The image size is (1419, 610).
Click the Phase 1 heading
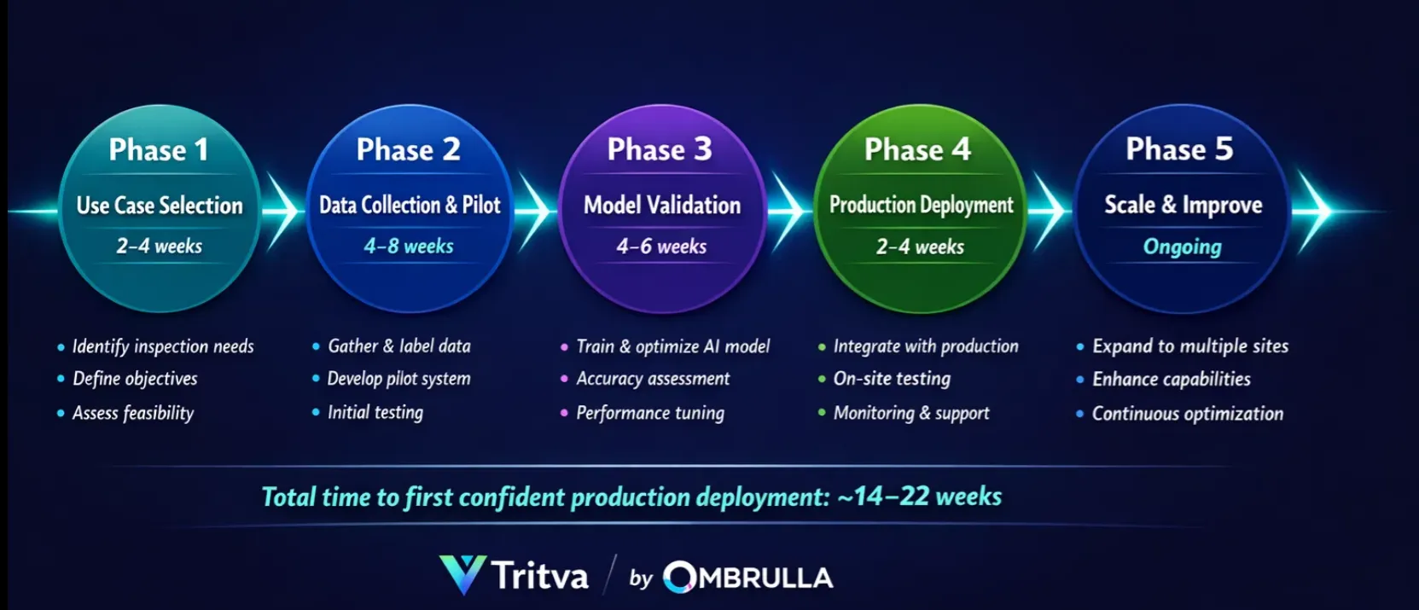click(x=159, y=150)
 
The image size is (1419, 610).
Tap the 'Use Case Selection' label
click(x=160, y=206)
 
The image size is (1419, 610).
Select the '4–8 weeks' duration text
click(x=409, y=247)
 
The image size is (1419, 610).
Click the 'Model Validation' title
click(x=662, y=206)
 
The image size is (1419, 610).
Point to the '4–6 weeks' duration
click(x=661, y=247)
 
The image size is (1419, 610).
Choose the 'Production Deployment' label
click(x=921, y=205)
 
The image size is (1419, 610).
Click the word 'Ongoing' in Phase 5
click(x=1182, y=247)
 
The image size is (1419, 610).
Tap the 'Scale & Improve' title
click(x=1183, y=205)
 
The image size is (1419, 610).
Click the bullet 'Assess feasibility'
click(x=133, y=413)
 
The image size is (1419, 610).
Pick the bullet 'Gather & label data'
click(x=399, y=346)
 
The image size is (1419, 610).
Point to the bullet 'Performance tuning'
click(x=649, y=413)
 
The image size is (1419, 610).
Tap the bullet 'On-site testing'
click(x=892, y=379)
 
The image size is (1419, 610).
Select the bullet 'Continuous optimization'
click(x=1187, y=414)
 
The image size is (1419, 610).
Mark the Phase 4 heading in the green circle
click(x=917, y=150)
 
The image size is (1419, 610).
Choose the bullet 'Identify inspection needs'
click(x=163, y=346)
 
